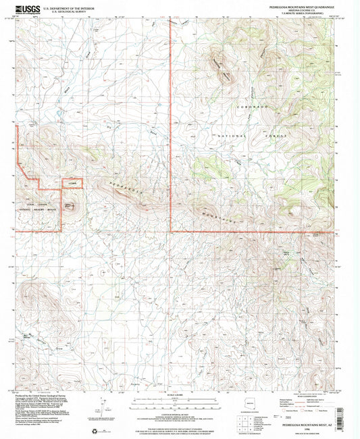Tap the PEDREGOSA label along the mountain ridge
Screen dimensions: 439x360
point(124,188)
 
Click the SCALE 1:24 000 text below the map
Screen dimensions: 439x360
point(180,394)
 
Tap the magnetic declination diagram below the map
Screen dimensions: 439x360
point(102,405)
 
